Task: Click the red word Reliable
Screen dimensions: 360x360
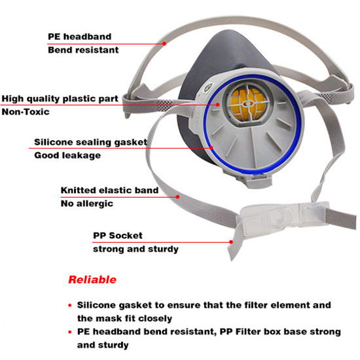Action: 92,279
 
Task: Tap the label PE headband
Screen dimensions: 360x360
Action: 79,37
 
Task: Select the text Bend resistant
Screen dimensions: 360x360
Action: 83,50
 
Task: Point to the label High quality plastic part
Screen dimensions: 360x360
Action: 60,99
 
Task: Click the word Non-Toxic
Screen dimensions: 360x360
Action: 26,112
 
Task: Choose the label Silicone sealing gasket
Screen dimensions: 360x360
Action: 91,142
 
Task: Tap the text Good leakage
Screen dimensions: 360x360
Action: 67,155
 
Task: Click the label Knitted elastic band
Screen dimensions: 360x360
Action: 109,190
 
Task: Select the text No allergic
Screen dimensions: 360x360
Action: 87,204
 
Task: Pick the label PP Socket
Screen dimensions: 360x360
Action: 118,236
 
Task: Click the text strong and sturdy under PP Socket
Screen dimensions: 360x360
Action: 135,249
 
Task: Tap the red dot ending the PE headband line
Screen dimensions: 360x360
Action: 164,43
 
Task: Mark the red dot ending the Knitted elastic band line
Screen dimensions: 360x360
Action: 177,197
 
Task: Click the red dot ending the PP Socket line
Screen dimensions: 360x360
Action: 231,242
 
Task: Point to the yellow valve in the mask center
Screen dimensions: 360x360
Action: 248,104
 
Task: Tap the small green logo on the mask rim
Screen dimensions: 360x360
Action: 208,87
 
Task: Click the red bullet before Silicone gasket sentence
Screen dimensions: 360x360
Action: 70,306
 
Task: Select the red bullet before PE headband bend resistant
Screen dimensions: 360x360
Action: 70,332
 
